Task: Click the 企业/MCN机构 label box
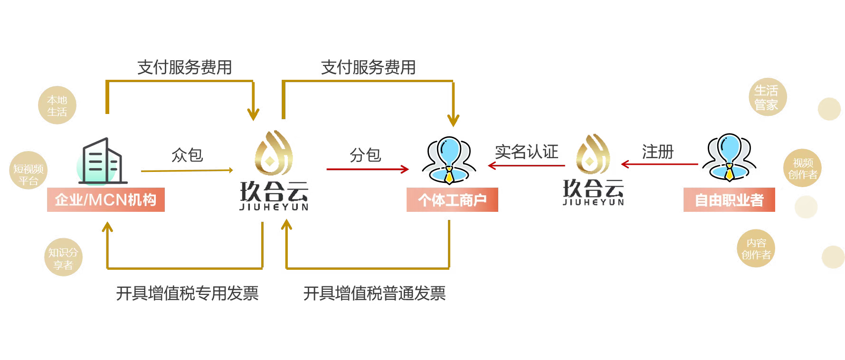tap(105, 199)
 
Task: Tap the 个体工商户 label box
tap(452, 200)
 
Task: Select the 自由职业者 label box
tap(729, 200)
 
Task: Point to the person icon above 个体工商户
tap(449, 160)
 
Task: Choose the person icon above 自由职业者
tap(729, 159)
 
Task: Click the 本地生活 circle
tap(57, 106)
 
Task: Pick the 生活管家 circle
tap(766, 98)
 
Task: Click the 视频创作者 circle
tap(802, 169)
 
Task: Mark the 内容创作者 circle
tap(756, 248)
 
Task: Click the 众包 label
tap(187, 154)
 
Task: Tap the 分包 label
tap(364, 154)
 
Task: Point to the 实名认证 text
tap(526, 152)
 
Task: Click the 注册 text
tap(657, 152)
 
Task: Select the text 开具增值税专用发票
tap(187, 293)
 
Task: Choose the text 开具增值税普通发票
tap(374, 293)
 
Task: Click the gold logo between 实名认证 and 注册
tap(593, 171)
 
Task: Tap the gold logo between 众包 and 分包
tap(273, 173)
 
